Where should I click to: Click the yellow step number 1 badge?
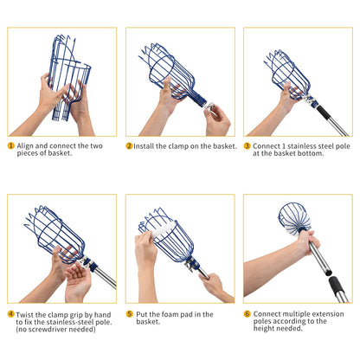pyautogui.click(x=10, y=145)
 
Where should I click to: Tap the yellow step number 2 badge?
pyautogui.click(x=129, y=146)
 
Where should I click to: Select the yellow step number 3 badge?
pyautogui.click(x=247, y=146)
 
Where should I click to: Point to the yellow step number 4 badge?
pyautogui.click(x=10, y=314)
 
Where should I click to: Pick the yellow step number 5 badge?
pyautogui.click(x=130, y=314)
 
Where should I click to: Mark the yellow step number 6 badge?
pyautogui.click(x=247, y=313)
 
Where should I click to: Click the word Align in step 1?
pyautogui.click(x=25, y=146)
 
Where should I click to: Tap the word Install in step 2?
pyautogui.click(x=144, y=146)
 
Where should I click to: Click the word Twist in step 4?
pyautogui.click(x=24, y=314)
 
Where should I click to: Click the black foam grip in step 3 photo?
pyautogui.click(x=324, y=112)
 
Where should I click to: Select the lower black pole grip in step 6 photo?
pyautogui.click(x=337, y=286)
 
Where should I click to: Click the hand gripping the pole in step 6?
pyautogui.click(x=309, y=241)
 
